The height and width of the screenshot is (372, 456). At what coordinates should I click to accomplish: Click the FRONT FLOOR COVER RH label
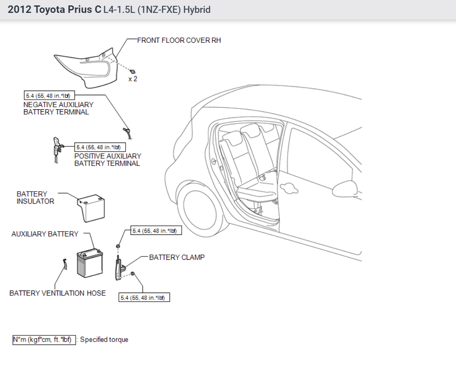click(x=179, y=40)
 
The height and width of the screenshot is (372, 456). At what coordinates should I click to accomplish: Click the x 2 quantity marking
click(x=133, y=79)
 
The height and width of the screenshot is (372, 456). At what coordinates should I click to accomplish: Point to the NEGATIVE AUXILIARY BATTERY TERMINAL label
click(x=58, y=108)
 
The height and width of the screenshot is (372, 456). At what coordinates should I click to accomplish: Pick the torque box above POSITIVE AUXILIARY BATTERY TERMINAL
click(x=100, y=147)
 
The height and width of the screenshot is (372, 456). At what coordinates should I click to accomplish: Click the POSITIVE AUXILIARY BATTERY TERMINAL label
click(x=108, y=160)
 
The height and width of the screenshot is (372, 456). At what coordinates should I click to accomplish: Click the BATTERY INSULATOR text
click(x=35, y=197)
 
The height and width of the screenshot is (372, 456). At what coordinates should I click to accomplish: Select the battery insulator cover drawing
click(x=92, y=208)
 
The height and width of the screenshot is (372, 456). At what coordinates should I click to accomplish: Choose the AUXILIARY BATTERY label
click(x=44, y=234)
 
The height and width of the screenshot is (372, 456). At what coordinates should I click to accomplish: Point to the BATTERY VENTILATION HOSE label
click(x=57, y=293)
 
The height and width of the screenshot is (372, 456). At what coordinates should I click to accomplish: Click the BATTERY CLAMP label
click(x=177, y=257)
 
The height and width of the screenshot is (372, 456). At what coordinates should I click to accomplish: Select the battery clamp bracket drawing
click(x=119, y=266)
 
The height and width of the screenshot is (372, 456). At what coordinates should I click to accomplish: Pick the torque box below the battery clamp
click(x=145, y=298)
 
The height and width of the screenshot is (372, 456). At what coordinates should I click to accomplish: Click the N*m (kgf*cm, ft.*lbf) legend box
click(x=44, y=340)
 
